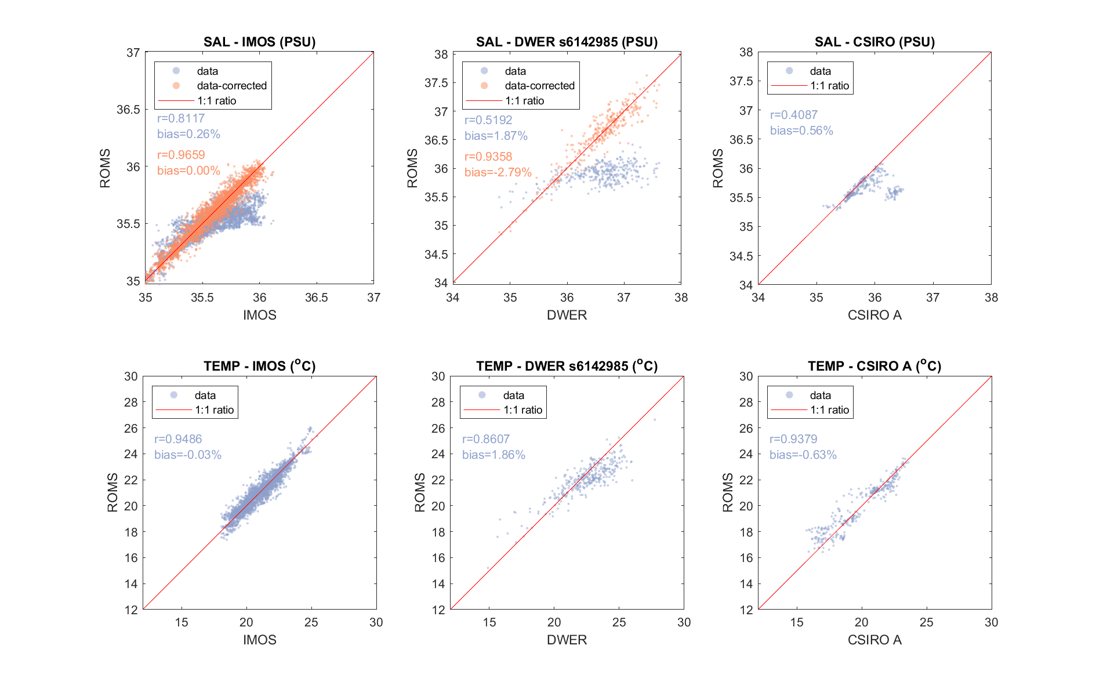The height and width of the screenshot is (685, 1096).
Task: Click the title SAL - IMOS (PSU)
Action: click(259, 42)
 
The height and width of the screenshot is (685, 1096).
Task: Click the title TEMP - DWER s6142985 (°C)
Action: click(567, 366)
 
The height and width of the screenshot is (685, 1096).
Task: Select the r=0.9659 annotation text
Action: click(181, 155)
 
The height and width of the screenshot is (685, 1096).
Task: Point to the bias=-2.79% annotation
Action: click(498, 172)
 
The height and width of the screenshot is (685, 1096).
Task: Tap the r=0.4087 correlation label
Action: click(793, 115)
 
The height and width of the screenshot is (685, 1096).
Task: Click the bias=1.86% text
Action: click(493, 455)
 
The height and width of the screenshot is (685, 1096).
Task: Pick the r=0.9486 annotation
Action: click(178, 439)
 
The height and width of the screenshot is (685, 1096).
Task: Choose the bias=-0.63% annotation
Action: click(803, 455)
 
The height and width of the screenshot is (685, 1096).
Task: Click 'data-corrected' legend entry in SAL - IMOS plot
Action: click(231, 86)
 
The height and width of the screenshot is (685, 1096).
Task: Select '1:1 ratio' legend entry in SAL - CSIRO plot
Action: click(829, 86)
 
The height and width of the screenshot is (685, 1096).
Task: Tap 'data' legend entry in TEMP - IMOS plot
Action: click(205, 395)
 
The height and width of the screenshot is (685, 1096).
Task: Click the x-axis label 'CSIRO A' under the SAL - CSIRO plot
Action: click(874, 315)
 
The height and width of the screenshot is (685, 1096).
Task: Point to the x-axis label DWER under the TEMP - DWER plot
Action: click(567, 640)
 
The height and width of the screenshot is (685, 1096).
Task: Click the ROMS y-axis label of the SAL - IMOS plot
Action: click(105, 168)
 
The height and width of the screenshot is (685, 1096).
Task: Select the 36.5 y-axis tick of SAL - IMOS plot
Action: click(128, 110)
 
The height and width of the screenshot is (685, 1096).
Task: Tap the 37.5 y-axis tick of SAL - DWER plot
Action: click(436, 83)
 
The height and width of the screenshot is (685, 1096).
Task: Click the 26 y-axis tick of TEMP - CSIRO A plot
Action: click(746, 428)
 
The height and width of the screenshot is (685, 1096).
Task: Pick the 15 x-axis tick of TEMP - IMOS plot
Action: click(182, 622)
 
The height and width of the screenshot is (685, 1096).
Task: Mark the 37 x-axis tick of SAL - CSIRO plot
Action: click(932, 298)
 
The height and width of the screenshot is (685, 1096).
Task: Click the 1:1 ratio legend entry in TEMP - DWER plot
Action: click(522, 410)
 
